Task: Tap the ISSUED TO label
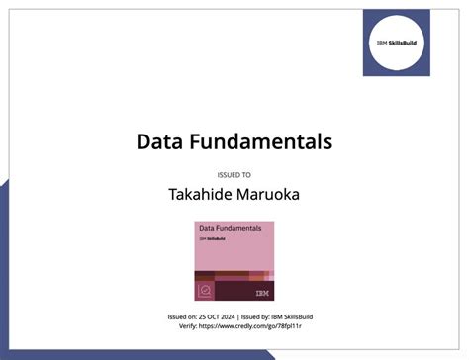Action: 234,174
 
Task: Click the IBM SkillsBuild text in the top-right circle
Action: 397,43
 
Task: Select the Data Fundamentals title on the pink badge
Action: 229,229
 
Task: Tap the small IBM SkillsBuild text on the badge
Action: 210,239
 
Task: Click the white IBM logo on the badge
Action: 261,293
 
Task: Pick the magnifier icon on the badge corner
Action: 206,292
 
